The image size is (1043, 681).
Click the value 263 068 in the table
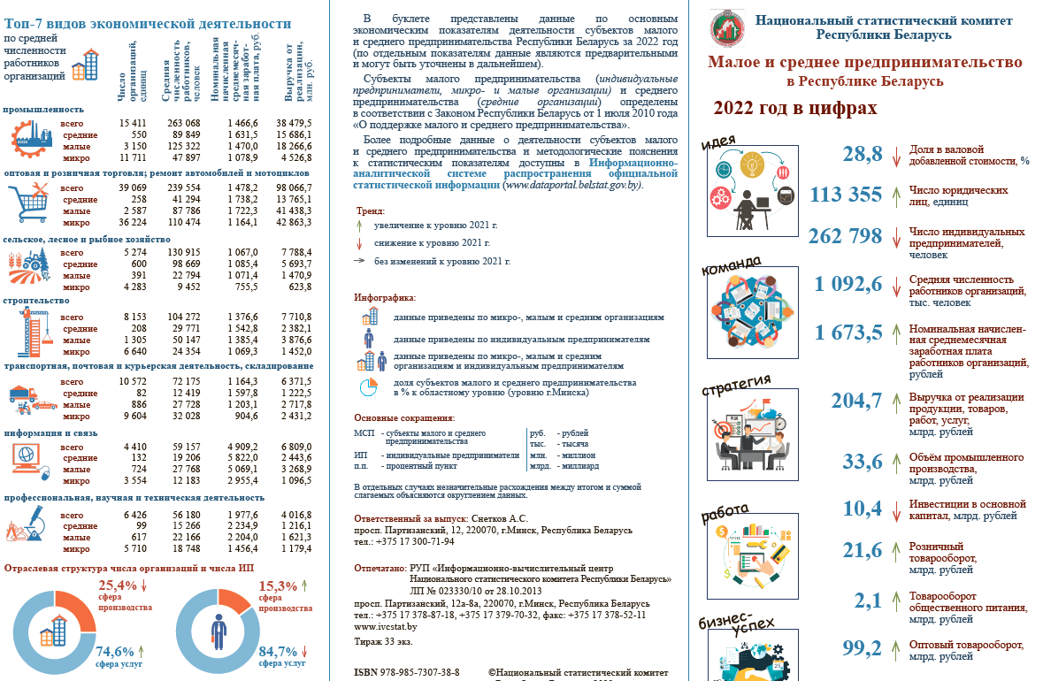coord(183,122)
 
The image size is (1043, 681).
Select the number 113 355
coord(847,195)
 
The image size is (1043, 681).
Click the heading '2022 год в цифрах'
coord(794,108)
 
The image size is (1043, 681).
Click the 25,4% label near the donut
coord(117,585)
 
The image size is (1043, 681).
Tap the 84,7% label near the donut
coord(278,652)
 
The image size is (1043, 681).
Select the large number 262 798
coord(845,236)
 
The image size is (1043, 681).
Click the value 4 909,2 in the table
coord(241,447)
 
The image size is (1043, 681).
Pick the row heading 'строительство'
coord(36,301)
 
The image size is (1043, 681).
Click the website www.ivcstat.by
coord(385,626)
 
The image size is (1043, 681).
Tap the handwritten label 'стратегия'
coord(736,386)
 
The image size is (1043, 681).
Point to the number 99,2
coord(862,648)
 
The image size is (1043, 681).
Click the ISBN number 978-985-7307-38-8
coord(418,673)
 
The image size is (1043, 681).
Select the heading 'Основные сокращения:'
coord(403,417)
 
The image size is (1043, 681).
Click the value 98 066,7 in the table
coord(295,188)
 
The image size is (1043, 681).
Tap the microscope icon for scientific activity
coord(27,522)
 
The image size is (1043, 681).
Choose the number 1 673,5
coord(848,333)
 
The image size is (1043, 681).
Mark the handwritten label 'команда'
coord(730,264)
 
